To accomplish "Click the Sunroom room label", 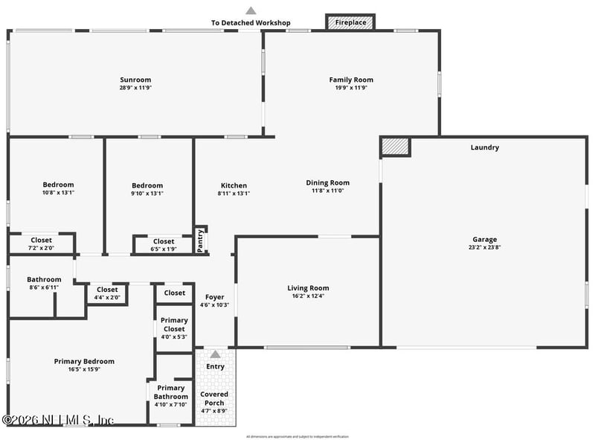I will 135,80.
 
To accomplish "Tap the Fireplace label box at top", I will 350,22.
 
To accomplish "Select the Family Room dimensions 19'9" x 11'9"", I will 351,88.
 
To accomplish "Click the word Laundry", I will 484,147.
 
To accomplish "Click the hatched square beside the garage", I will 395,146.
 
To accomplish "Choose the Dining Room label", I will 327,182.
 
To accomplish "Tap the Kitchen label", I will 234,185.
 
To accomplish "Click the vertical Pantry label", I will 200,240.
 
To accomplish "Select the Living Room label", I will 308,288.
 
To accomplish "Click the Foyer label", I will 214,297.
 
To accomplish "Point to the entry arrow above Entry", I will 215,354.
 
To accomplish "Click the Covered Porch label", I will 214,398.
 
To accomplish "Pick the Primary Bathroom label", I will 171,392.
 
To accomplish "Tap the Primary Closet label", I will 174,325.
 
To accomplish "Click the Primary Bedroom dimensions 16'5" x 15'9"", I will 84,369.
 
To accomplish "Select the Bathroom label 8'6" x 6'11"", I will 44,280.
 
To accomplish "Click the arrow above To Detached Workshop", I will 251,10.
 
